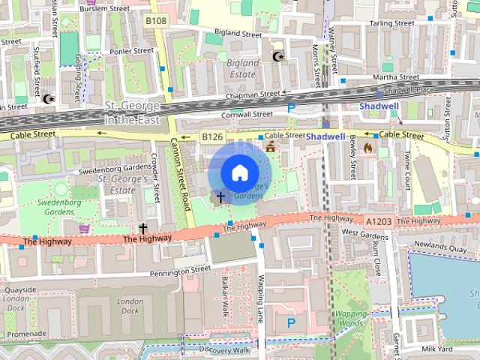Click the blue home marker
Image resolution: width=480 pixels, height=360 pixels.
tap(238, 172)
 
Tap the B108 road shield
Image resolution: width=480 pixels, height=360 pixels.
tap(156, 21)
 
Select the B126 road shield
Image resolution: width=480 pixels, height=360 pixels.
tap(212, 136)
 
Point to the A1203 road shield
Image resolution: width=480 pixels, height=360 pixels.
tap(378, 220)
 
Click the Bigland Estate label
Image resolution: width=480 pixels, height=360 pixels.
tap(244, 69)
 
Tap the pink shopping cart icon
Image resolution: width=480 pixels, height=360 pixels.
tap(85, 227)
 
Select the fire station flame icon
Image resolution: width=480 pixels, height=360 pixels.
tap(367, 148)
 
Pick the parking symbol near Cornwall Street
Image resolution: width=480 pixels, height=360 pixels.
tap(291, 108)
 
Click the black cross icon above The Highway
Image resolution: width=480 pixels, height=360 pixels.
tap(142, 227)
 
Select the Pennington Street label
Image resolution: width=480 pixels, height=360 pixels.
tap(180, 271)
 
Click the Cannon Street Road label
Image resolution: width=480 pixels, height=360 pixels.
tap(180, 172)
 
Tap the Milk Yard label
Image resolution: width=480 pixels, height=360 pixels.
tap(436, 349)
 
